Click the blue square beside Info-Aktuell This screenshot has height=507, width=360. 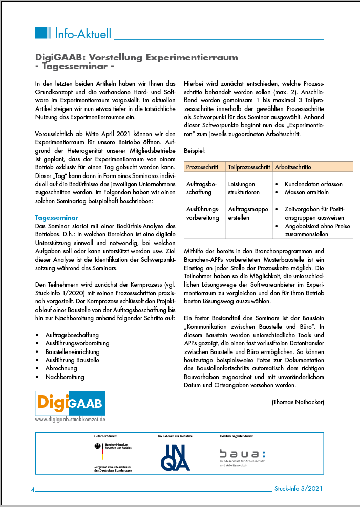[43, 33]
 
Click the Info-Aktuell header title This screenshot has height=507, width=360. [82, 34]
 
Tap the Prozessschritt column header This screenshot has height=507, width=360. [203, 167]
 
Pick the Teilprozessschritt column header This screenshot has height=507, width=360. [248, 167]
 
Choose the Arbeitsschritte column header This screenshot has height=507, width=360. [293, 167]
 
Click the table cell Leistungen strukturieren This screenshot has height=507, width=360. [244, 188]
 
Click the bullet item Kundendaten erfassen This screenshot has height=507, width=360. [313, 184]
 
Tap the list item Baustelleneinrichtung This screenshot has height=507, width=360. [72, 352]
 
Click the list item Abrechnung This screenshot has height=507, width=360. [61, 368]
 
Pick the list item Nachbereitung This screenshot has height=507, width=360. [65, 377]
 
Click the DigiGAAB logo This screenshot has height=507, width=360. [70, 403]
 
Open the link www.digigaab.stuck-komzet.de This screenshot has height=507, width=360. [70, 419]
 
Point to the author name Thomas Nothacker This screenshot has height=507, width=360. [298, 402]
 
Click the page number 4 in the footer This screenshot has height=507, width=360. [33, 490]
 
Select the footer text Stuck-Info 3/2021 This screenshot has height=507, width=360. [299, 489]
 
